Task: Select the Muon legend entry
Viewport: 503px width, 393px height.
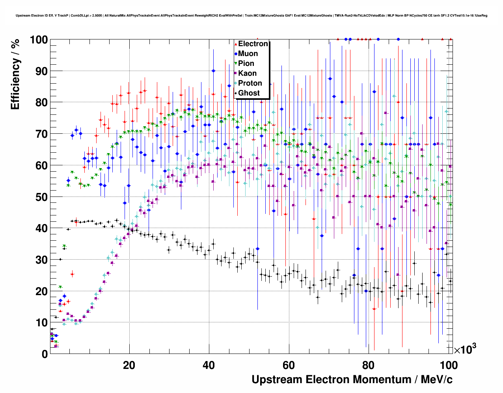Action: click(248, 54)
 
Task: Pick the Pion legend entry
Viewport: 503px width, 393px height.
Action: click(246, 64)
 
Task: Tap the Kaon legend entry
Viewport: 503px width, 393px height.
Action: click(247, 73)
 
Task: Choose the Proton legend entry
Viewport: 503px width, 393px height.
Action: click(250, 83)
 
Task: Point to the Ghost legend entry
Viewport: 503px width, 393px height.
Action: click(249, 93)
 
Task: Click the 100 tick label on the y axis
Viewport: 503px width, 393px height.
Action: click(39, 40)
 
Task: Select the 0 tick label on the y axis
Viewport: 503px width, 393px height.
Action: click(45, 354)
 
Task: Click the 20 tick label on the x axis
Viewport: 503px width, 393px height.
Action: click(129, 365)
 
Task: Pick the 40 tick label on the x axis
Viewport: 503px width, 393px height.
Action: click(209, 365)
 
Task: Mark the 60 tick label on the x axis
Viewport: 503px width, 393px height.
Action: click(289, 365)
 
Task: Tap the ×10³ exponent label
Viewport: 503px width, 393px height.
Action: click(465, 349)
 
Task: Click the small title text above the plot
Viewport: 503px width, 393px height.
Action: click(251, 16)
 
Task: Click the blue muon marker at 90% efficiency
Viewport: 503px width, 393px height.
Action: click(213, 71)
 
